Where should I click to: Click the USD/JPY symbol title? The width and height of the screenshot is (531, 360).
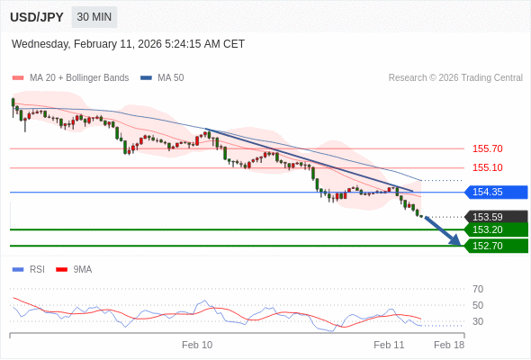(37, 17)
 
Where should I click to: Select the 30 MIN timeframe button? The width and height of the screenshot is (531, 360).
(94, 17)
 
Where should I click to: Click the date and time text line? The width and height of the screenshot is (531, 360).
(128, 43)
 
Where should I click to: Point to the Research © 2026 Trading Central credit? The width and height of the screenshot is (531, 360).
(455, 77)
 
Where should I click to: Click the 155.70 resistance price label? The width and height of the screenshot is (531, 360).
(487, 148)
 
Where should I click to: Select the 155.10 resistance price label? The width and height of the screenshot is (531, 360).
(487, 167)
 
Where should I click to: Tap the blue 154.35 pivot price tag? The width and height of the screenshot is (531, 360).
(494, 192)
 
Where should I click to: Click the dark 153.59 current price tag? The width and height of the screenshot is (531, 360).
(494, 217)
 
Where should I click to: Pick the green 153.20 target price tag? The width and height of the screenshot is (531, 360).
(494, 229)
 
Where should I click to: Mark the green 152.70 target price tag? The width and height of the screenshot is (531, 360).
(494, 246)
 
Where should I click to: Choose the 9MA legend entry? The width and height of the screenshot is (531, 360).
(82, 269)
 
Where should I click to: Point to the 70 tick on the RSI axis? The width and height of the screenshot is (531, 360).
(478, 289)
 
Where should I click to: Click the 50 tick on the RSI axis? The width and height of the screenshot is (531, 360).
(478, 305)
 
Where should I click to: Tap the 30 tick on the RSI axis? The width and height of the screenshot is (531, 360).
(478, 321)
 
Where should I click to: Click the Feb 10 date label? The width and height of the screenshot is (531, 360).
(197, 345)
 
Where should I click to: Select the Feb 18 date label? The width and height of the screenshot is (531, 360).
(449, 345)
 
